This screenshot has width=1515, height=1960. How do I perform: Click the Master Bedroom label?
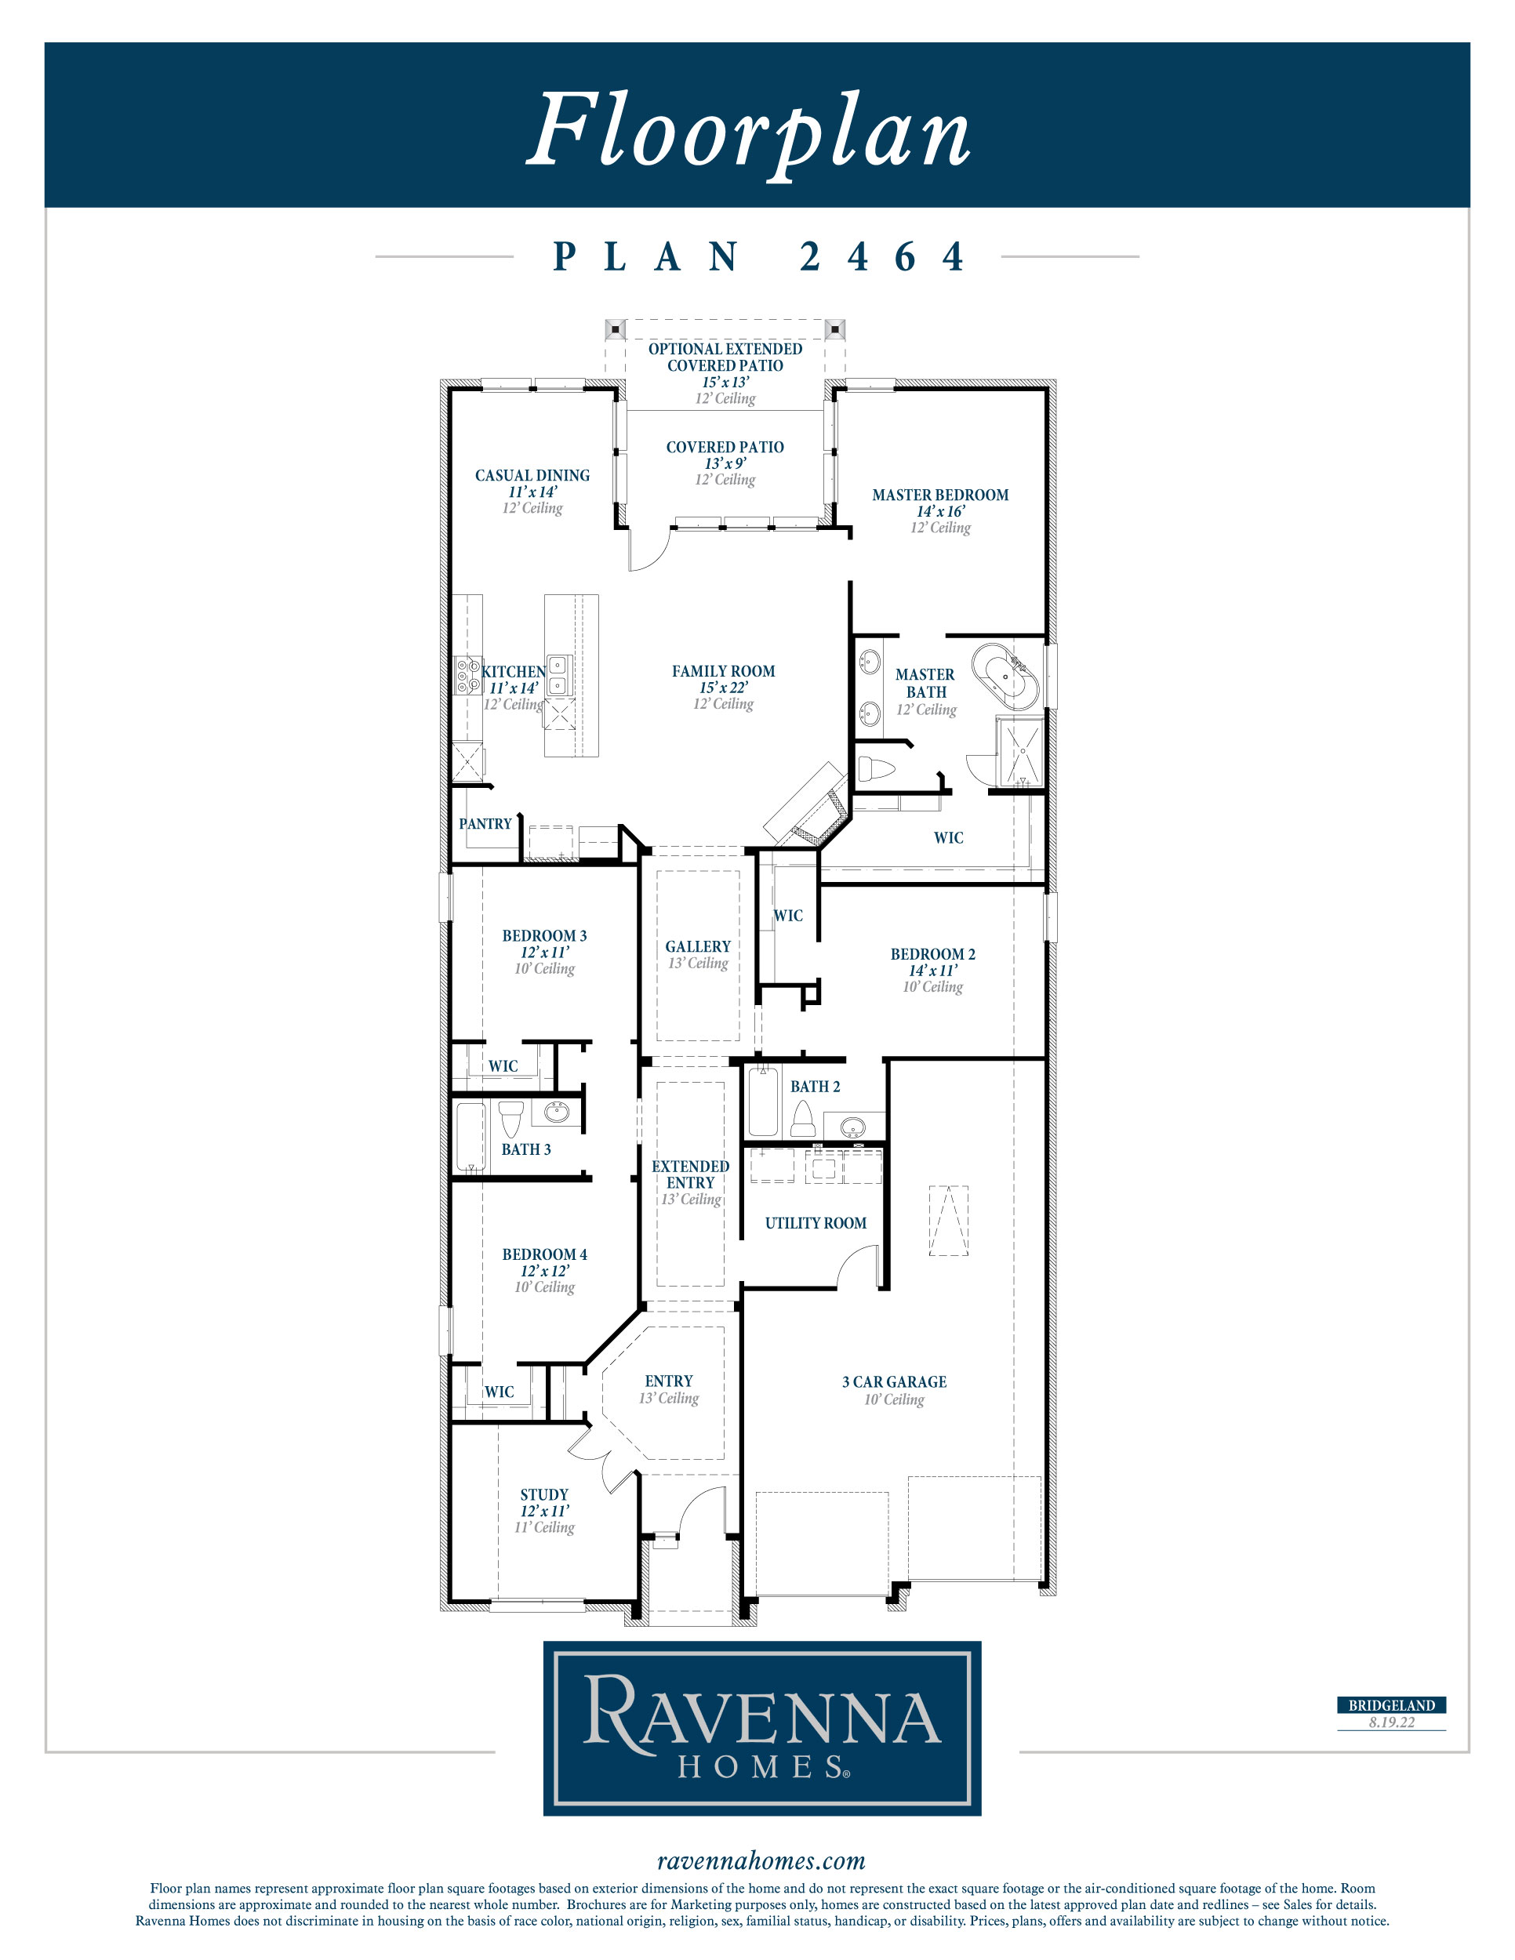coord(939,495)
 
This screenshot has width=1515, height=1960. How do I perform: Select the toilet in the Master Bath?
coord(877,769)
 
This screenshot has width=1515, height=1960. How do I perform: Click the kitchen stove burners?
coord(467,676)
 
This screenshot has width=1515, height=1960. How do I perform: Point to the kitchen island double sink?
coord(558,675)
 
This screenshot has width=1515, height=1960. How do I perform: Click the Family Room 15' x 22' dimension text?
coord(724,688)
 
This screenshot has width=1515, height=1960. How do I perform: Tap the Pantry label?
coord(485,824)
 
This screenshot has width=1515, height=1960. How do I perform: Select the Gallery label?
coord(697,947)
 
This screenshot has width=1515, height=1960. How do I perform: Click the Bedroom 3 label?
coord(544,936)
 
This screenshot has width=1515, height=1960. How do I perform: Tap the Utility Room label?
coord(815,1223)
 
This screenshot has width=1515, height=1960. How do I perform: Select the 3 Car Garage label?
coord(894,1382)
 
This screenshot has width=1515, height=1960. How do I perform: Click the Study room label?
coord(544,1494)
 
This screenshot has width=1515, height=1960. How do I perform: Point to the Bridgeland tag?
coord(1391,1705)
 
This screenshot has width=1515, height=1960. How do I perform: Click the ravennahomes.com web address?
coord(761,1860)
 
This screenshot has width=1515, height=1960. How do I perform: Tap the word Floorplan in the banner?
coord(749,131)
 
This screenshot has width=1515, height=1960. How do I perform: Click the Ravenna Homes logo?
coord(762,1728)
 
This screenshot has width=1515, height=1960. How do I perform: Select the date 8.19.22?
coord(1391,1722)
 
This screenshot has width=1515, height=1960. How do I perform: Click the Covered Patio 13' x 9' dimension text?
coord(725,463)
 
